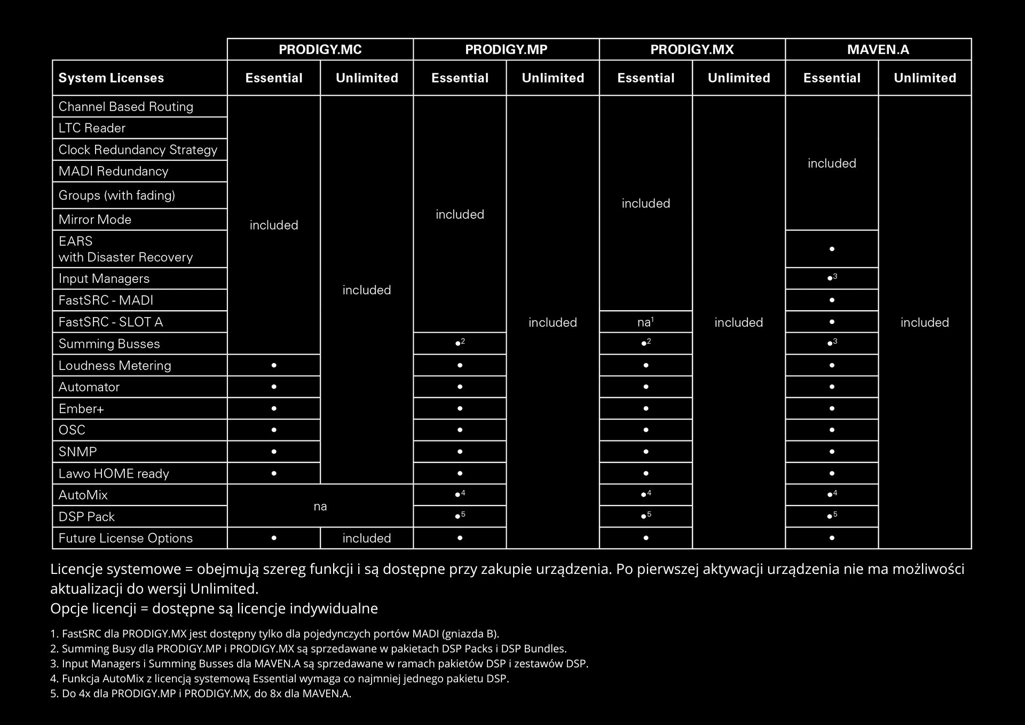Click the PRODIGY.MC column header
(320, 50)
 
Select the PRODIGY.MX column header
(692, 50)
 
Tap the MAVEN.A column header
(878, 50)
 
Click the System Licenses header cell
(111, 78)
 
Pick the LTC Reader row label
(92, 128)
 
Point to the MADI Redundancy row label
(113, 171)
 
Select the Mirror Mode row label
(94, 219)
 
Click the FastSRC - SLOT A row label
(111, 322)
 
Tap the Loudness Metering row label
(115, 366)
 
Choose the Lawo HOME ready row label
(114, 474)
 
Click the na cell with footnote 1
(645, 322)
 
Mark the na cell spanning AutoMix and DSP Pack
(320, 506)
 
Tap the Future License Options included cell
(366, 538)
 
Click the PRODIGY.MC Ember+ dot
(274, 408)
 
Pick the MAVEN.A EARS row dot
(832, 249)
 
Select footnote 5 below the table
(201, 694)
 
